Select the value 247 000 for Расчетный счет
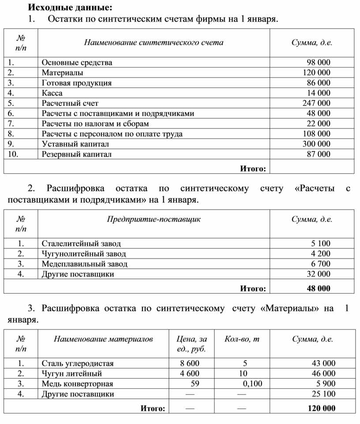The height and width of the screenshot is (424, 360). [316, 103]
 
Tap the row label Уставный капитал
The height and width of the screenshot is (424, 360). [75, 144]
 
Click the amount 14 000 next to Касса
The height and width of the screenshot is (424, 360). [319, 93]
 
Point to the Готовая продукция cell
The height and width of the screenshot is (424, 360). [76, 83]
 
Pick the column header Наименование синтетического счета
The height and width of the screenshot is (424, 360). [154, 42]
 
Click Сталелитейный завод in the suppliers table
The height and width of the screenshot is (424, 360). [81, 244]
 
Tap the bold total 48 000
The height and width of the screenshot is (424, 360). [319, 289]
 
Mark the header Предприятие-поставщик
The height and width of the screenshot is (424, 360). [154, 219]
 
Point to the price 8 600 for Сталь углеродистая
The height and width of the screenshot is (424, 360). [190, 364]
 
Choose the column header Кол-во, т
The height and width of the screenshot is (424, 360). [241, 339]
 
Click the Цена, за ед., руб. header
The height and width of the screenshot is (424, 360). [191, 344]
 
